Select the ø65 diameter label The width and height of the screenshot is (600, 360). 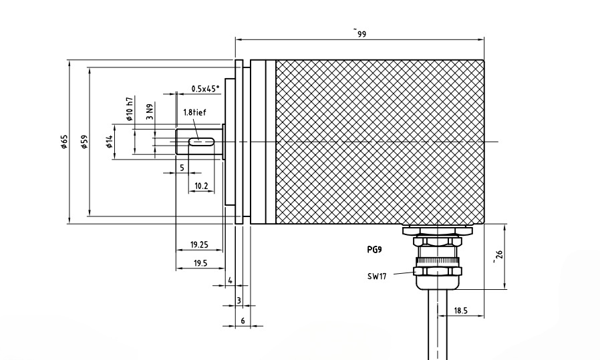(x=63, y=143)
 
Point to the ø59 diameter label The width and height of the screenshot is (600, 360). (x=85, y=143)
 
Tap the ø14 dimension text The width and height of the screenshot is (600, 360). (x=109, y=142)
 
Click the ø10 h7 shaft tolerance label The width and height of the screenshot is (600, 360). (x=130, y=108)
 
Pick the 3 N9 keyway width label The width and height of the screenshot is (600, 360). (x=150, y=112)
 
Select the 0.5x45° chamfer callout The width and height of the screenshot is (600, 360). (x=204, y=88)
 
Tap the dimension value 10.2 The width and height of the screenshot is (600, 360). (x=200, y=185)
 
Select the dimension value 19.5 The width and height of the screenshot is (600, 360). (x=200, y=264)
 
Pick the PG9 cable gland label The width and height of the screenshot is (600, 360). (x=375, y=250)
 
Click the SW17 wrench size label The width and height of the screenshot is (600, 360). (x=378, y=275)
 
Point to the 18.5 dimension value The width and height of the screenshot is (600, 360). (x=460, y=311)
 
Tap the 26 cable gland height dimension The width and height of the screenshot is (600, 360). (x=495, y=256)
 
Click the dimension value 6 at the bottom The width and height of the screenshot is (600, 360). (x=243, y=321)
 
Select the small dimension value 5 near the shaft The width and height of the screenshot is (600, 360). (x=181, y=167)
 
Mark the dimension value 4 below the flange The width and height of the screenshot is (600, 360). (x=230, y=281)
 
